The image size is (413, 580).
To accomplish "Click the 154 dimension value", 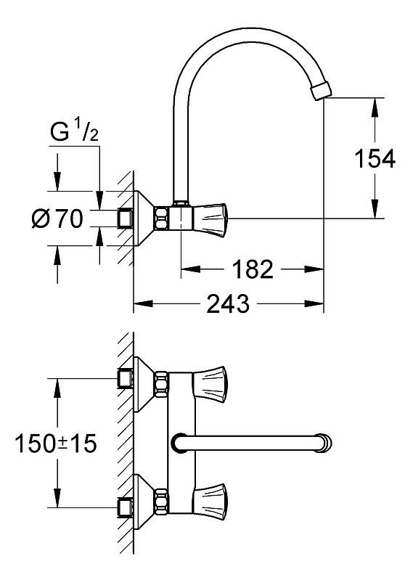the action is [375, 160].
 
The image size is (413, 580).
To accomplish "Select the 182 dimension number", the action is [253, 269].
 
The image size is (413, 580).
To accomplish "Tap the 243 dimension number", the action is [228, 303].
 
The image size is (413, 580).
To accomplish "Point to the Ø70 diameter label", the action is [57, 218].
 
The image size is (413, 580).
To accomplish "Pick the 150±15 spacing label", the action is [56, 443].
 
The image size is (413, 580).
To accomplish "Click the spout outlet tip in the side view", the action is [322, 91].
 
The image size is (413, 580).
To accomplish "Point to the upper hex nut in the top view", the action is [162, 384].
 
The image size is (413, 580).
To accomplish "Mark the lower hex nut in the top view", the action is [162, 500].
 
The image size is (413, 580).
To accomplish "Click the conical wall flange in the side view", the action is [144, 218].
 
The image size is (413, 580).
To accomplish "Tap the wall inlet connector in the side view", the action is [125, 218].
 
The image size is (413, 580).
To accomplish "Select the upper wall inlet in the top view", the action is [125, 378].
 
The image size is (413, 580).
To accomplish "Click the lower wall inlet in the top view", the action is [125, 507].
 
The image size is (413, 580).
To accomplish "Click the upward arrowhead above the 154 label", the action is [375, 107].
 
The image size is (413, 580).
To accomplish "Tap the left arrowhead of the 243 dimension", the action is [143, 303].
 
